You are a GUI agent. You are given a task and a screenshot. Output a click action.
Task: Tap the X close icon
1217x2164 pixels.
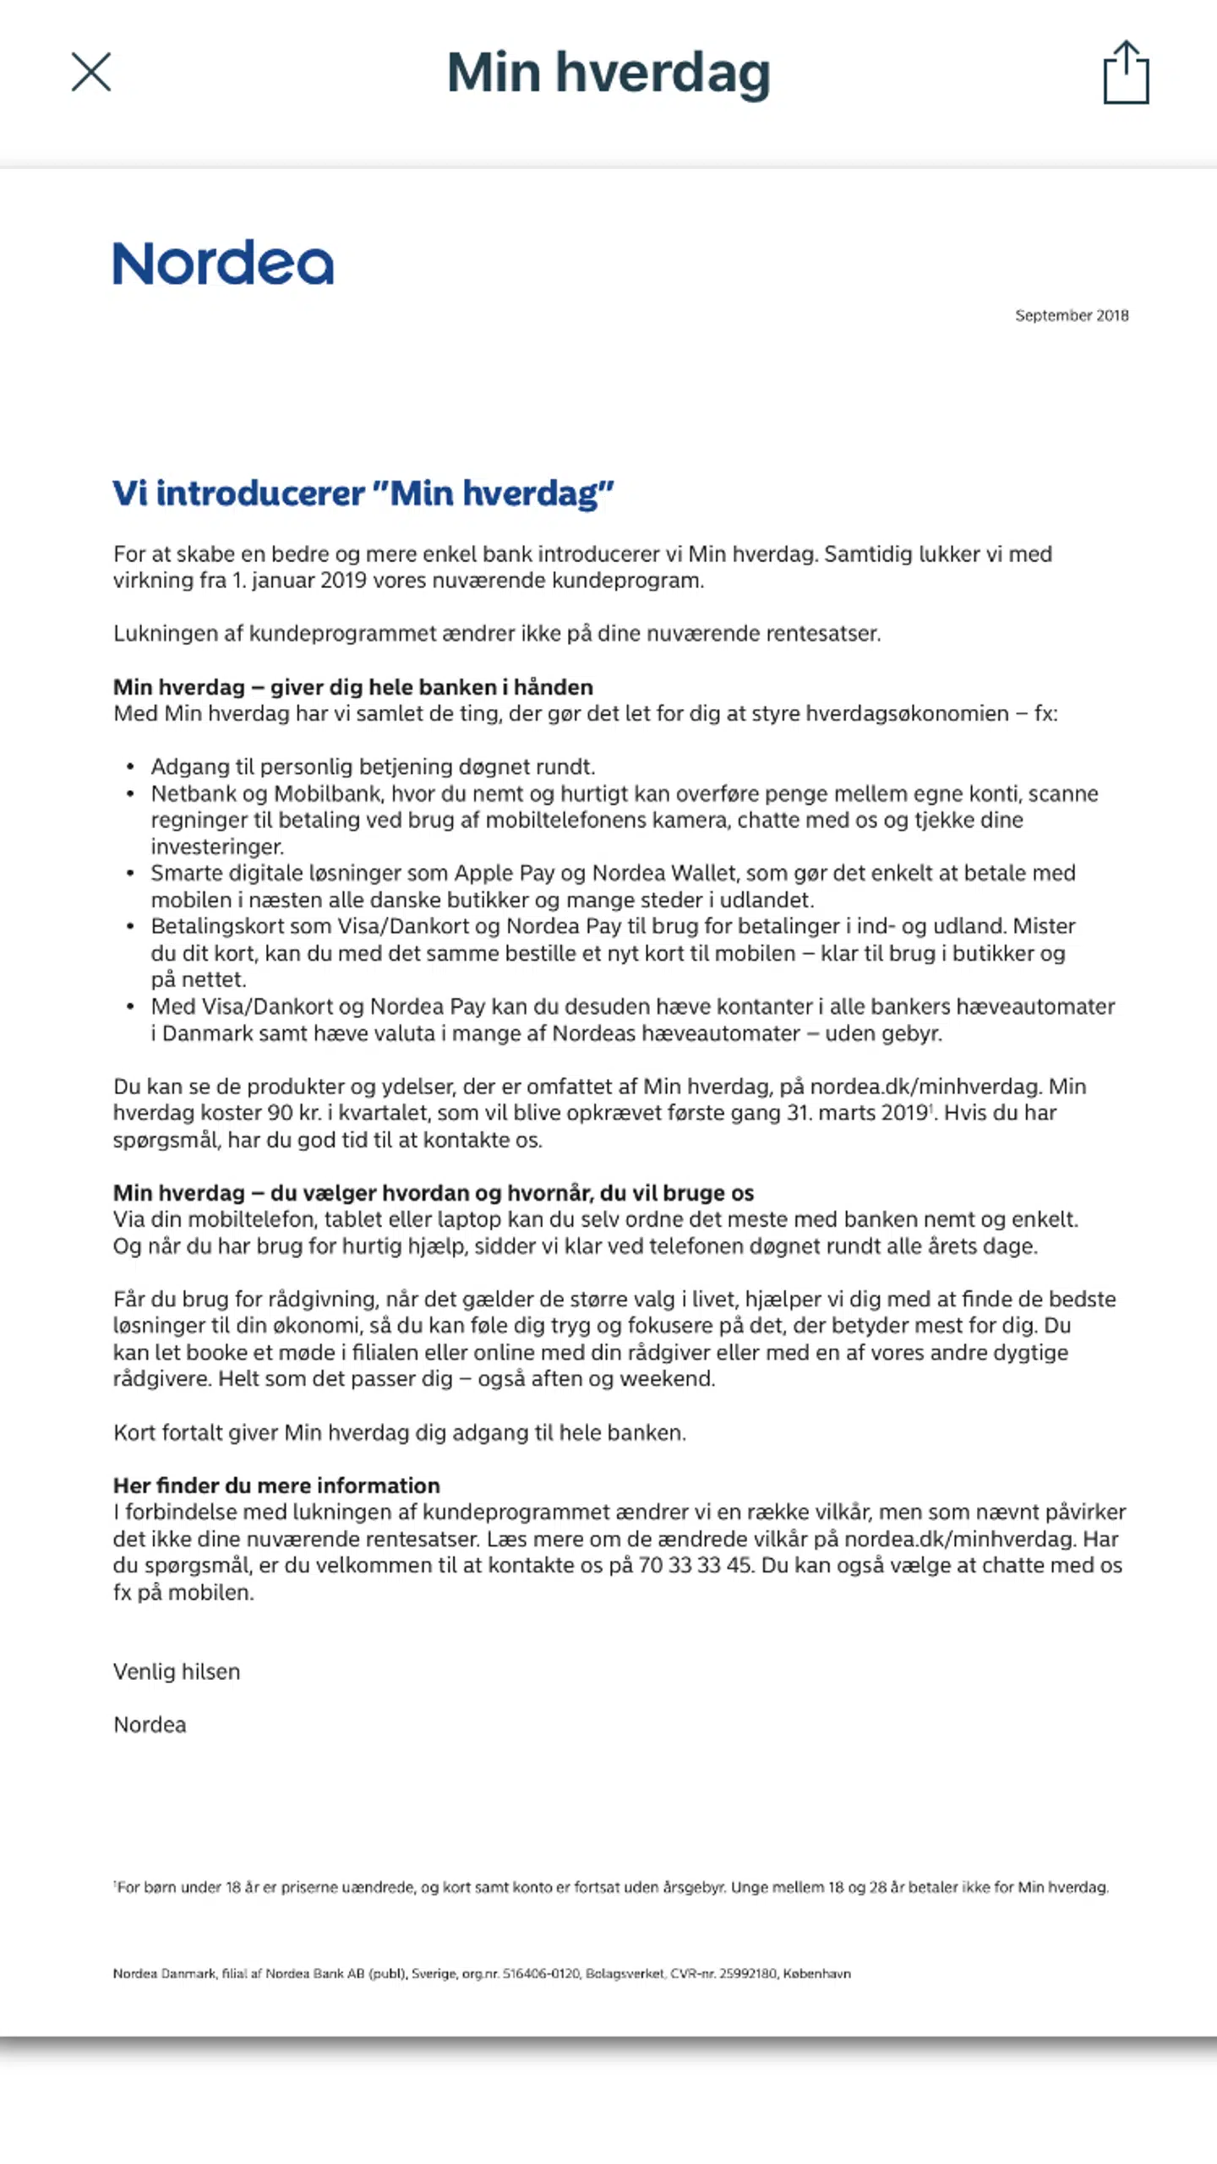point(91,72)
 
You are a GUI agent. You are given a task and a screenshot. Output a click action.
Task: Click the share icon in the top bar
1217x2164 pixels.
point(1126,73)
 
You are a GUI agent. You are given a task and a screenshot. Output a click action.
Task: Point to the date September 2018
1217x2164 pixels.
point(1072,315)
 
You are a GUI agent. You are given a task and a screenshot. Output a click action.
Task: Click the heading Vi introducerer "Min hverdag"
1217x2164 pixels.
point(363,493)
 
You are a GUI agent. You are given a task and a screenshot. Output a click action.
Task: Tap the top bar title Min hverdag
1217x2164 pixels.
point(608,73)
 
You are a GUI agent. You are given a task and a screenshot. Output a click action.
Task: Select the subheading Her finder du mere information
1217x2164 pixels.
point(276,1485)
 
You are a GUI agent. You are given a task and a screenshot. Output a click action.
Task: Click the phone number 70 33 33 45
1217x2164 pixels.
point(695,1565)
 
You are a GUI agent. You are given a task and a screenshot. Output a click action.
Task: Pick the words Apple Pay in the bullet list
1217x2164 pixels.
point(504,873)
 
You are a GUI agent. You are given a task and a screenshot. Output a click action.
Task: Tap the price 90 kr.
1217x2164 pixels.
point(294,1113)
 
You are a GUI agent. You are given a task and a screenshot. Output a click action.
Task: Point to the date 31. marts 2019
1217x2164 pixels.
point(858,1113)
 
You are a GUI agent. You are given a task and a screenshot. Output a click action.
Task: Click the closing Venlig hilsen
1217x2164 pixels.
point(177,1671)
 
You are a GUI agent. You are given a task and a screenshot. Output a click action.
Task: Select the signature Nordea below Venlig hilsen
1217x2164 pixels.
point(150,1725)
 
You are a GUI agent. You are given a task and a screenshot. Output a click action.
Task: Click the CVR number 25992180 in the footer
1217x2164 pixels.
point(747,1974)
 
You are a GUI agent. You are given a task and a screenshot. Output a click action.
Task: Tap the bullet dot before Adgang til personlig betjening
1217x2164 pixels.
point(130,767)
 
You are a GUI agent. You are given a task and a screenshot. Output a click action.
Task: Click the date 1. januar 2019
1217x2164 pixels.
point(299,581)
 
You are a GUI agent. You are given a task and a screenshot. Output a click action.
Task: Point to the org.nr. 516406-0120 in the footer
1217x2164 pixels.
point(541,1974)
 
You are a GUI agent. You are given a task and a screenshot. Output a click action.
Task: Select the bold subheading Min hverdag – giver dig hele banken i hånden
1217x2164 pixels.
point(353,687)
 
